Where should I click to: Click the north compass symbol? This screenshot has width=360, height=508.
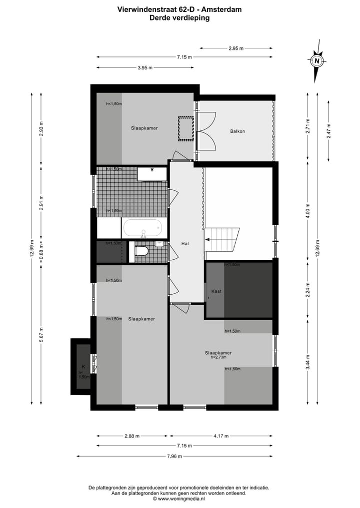317,62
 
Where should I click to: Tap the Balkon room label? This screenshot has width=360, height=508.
237,131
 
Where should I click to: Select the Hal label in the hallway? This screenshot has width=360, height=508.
185,243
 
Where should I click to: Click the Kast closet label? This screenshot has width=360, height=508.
216,291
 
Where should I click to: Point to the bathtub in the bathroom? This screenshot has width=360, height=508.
144,229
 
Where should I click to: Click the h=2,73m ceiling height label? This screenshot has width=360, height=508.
218,358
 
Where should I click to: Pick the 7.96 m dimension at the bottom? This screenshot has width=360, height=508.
174,456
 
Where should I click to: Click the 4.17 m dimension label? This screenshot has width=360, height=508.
220,436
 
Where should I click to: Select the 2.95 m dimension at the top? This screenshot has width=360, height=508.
236,48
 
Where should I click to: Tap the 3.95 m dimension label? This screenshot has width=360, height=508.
145,67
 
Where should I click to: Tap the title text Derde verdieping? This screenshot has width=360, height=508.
179,17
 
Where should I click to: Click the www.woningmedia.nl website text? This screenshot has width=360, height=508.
179,498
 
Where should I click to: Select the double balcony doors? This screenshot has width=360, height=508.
206,131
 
